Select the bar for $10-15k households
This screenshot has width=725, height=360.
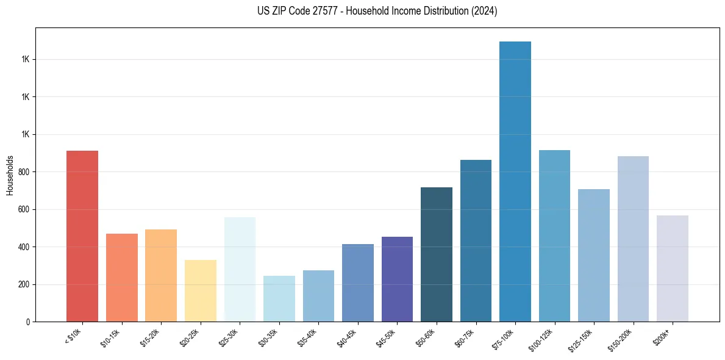point(121,278)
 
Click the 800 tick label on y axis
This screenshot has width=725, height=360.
point(24,172)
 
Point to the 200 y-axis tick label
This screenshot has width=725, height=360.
point(24,284)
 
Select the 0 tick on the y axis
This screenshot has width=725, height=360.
point(28,322)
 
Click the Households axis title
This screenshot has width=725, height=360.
point(10,175)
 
